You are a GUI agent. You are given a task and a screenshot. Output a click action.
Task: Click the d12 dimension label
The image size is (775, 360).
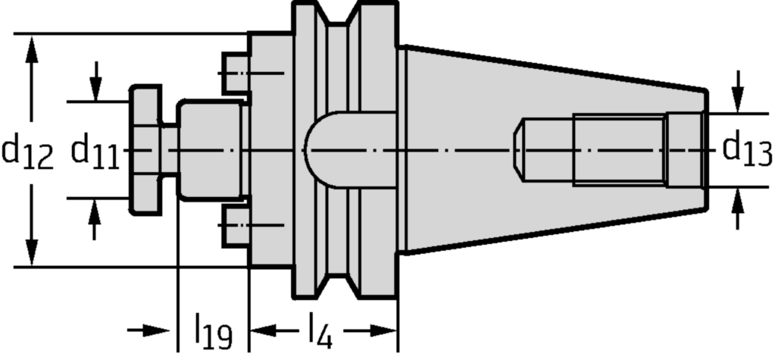pos(27,153)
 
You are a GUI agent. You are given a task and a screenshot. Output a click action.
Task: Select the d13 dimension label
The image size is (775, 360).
pos(747,149)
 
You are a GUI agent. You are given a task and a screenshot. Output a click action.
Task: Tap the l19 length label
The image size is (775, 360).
pos(214,330)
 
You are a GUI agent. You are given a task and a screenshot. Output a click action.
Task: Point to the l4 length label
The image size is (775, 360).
pos(320,330)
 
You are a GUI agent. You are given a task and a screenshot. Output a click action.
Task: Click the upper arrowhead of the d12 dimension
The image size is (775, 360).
pos(32,49)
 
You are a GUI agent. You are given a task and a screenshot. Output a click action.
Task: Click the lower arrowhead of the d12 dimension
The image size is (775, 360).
pos(32,252)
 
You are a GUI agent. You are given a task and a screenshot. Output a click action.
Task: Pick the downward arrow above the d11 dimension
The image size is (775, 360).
pos(96,82)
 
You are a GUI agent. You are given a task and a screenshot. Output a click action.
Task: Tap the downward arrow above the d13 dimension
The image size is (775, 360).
pos(738,92)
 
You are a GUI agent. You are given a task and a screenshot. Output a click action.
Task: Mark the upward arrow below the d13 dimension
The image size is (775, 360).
pos(738,208)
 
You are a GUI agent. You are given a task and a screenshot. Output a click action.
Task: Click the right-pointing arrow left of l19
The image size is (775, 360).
pos(148,330)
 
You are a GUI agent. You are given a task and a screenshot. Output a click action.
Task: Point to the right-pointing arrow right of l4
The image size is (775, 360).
pos(370,330)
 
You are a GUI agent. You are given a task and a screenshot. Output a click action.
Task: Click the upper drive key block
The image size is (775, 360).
pos(236,74)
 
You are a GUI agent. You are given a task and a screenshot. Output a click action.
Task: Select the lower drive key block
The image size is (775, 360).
pos(236,226)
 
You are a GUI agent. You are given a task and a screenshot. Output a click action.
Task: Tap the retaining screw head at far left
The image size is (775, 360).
pos(145,150)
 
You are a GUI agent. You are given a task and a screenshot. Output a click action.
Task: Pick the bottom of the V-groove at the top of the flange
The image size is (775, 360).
pos(338,24)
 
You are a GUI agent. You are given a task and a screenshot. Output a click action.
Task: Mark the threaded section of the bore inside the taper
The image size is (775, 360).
pos(619,150)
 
